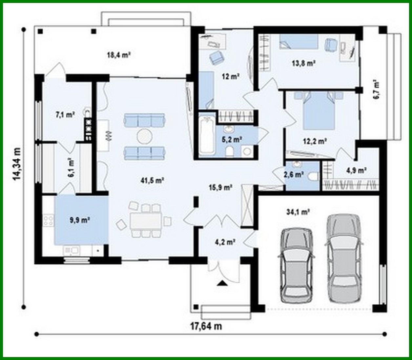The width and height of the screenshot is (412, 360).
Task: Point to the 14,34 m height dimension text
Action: [17, 164]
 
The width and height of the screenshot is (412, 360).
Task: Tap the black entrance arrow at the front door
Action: [222, 283]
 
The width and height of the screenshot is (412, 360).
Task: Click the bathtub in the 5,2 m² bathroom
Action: [206, 135]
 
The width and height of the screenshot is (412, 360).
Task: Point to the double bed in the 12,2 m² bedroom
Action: [319, 110]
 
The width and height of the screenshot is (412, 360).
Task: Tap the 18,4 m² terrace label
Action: [119, 55]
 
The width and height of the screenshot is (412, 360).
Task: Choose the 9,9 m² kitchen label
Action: [80, 220]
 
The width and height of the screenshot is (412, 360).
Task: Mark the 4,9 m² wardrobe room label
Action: [356, 170]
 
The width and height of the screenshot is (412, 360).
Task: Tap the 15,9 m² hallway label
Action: [220, 188]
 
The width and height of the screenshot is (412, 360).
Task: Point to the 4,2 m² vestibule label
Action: [225, 242]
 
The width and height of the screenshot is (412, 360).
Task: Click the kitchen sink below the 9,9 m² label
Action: [72, 250]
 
